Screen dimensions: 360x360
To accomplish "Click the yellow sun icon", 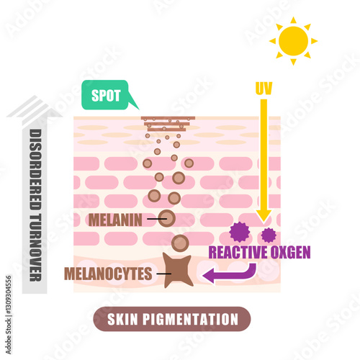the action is click(x=293, y=41).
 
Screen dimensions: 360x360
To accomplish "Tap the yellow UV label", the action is click(x=264, y=89).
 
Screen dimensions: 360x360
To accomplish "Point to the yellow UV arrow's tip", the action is click(x=264, y=222).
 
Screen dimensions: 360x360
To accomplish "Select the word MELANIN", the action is click(x=115, y=220).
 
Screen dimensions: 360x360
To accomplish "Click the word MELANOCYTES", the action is click(x=108, y=274).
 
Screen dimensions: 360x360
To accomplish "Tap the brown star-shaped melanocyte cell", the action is click(x=178, y=270).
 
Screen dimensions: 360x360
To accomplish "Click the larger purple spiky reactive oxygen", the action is click(x=240, y=232).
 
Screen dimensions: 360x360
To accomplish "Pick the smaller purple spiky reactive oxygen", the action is click(x=269, y=235).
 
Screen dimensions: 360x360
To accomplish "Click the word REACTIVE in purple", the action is click(x=238, y=252).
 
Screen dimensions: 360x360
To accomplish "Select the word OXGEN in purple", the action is click(x=291, y=252).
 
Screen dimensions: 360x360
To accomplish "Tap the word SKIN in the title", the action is click(x=122, y=319).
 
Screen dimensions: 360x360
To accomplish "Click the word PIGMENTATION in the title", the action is click(x=190, y=319).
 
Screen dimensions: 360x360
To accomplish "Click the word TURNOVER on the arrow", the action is click(x=35, y=248).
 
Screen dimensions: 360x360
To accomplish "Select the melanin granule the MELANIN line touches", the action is click(x=167, y=218).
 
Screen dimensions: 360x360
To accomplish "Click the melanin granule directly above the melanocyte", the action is click(x=180, y=243).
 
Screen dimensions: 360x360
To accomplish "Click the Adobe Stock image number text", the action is click(x=9, y=315).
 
